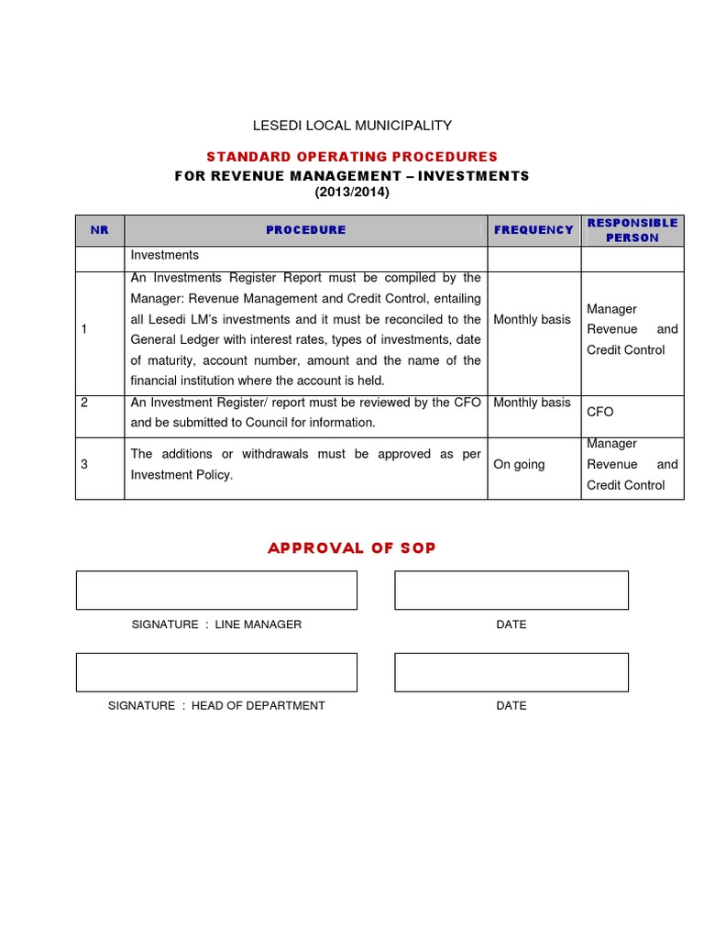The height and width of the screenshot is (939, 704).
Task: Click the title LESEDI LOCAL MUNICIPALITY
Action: [x=352, y=126]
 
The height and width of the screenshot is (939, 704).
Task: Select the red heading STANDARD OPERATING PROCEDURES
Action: [x=352, y=157]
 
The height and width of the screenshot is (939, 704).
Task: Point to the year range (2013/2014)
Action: [x=352, y=192]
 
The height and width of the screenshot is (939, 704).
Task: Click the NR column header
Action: [x=99, y=230]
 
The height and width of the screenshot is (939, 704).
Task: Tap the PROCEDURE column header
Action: [x=305, y=230]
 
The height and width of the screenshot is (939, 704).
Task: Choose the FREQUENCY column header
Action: [x=533, y=230]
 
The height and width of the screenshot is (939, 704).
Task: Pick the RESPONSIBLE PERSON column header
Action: [x=632, y=230]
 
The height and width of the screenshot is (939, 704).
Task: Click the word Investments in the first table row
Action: [x=165, y=256]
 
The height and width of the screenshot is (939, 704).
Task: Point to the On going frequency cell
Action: [x=519, y=465]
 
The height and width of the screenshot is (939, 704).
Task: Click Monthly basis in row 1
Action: [x=532, y=320]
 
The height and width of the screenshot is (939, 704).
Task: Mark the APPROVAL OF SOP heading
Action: [x=352, y=548]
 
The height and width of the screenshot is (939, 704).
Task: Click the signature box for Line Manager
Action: [x=216, y=590]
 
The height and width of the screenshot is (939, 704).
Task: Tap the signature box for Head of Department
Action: [x=216, y=672]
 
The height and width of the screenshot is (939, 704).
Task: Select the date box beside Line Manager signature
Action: [x=511, y=590]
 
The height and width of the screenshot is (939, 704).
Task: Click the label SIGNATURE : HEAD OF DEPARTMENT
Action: [x=216, y=706]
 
